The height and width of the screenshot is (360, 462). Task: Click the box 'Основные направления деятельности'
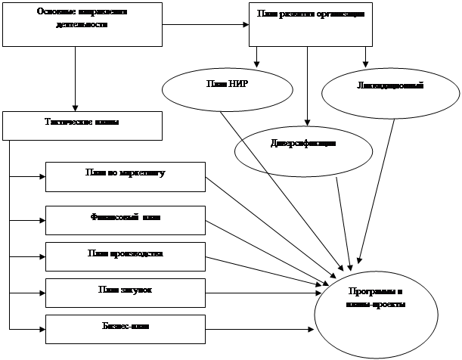click(82, 23)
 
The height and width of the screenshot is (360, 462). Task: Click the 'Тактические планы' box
click(82, 125)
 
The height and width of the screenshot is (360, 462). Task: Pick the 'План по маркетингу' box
click(126, 175)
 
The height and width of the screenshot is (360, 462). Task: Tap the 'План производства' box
click(126, 256)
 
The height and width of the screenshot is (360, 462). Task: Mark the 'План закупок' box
click(126, 292)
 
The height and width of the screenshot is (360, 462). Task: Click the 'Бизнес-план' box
click(126, 328)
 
